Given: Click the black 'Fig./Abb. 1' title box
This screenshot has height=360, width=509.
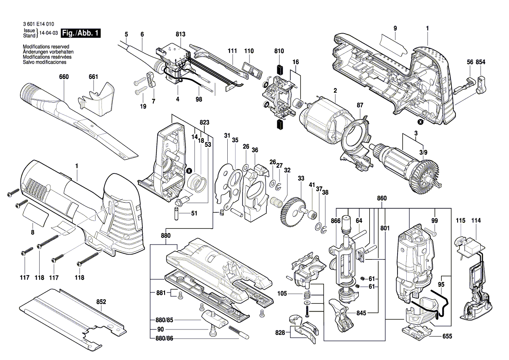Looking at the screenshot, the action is tap(81, 33).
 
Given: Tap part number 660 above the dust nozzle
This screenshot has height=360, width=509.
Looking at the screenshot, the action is tap(64, 77).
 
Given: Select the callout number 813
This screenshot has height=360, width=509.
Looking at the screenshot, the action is tap(181, 34).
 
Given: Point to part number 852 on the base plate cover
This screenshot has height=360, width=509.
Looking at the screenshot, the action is tap(101, 302).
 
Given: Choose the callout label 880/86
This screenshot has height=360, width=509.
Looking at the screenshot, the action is tap(165, 339).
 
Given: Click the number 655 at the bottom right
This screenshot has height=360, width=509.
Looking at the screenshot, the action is tap(447, 336).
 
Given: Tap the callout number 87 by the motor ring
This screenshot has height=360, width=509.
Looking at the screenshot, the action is tap(360, 105).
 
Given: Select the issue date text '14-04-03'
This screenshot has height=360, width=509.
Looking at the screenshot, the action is tap(49, 33).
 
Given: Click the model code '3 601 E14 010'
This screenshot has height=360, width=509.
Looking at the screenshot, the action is tap(39, 24).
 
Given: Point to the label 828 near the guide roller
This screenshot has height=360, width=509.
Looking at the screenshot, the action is tap(280, 333).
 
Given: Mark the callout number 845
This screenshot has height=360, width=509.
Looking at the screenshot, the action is tap(361, 313).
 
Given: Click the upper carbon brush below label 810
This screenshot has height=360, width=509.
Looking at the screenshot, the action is tap(279, 70).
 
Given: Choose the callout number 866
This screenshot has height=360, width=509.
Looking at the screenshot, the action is tap(336, 221).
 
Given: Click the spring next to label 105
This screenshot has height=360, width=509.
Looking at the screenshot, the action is tap(307, 294).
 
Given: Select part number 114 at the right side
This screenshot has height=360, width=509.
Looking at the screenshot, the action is tap(476, 221).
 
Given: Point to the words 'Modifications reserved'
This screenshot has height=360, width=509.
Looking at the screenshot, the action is tap(46, 47).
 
